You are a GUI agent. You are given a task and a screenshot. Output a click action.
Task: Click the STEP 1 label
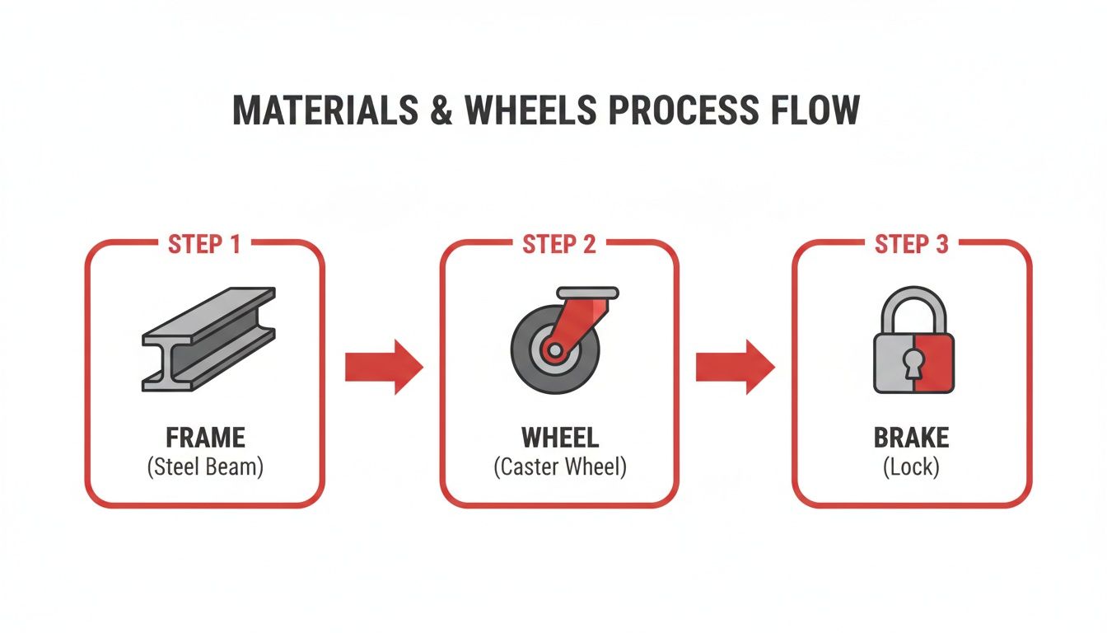pyautogui.click(x=204, y=244)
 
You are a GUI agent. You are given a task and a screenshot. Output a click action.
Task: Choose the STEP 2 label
pyautogui.click(x=559, y=244)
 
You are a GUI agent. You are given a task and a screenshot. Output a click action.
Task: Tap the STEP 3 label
pyautogui.click(x=911, y=244)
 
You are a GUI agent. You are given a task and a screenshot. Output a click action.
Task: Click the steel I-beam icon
pyautogui.click(x=208, y=338)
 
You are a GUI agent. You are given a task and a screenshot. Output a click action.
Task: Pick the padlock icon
pyautogui.click(x=913, y=346)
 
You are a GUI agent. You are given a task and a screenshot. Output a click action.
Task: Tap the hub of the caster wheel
pyautogui.click(x=554, y=351)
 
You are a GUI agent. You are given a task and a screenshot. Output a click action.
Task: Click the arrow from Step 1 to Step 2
pyautogui.click(x=383, y=366)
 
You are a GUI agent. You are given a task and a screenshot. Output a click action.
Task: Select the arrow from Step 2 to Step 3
pyautogui.click(x=735, y=366)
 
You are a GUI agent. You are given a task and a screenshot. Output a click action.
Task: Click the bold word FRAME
pyautogui.click(x=205, y=437)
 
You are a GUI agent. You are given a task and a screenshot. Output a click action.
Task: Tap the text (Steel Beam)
pyautogui.click(x=205, y=467)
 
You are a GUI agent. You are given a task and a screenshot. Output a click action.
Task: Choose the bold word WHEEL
pyautogui.click(x=559, y=437)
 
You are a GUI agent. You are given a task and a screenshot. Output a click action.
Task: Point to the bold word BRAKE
pyautogui.click(x=911, y=437)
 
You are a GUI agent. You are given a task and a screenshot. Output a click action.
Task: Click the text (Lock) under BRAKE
pyautogui.click(x=911, y=467)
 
